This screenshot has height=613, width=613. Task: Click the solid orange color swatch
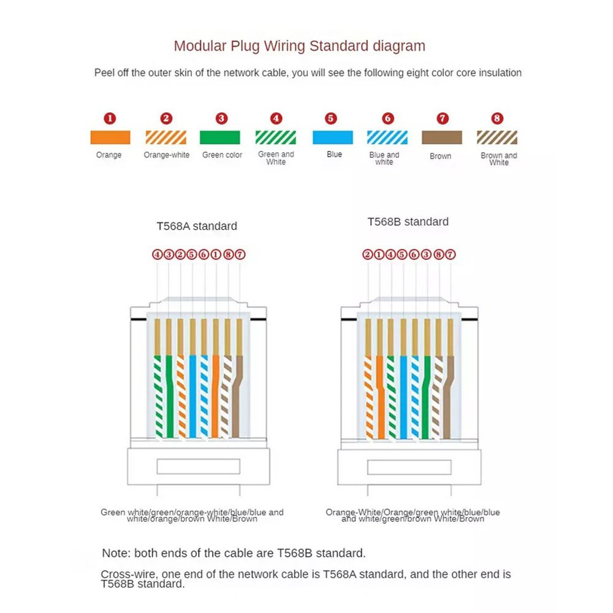(x=110, y=137)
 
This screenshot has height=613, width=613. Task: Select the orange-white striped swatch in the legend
(x=166, y=137)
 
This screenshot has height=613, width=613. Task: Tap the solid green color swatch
(x=222, y=137)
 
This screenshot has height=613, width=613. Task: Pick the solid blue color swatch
(x=333, y=137)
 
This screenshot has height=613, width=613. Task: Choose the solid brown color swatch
(x=441, y=137)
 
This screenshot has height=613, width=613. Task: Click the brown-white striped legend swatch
(x=497, y=137)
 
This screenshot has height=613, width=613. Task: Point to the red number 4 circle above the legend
(x=277, y=118)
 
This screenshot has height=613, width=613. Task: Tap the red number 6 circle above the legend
(x=387, y=118)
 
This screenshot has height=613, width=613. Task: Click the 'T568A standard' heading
(x=197, y=226)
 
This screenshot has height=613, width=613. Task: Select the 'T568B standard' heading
(x=408, y=222)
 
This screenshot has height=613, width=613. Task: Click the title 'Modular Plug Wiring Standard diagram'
(x=299, y=46)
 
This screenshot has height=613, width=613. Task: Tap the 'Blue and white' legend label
(x=384, y=158)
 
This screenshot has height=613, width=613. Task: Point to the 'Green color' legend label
(x=222, y=155)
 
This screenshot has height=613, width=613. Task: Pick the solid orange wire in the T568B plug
(x=380, y=398)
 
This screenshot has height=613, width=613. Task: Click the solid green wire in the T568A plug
(x=169, y=398)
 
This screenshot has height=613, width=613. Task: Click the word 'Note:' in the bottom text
(x=116, y=553)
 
